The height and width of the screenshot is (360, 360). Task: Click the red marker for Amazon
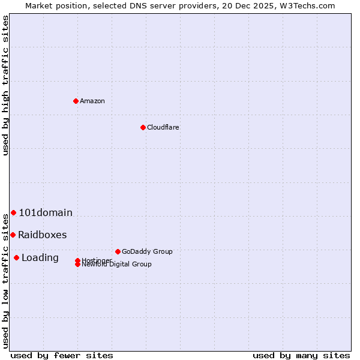(76, 101)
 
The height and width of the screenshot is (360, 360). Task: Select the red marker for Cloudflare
(143, 127)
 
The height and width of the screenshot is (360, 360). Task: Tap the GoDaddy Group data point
(118, 251)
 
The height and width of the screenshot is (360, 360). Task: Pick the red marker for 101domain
(13, 212)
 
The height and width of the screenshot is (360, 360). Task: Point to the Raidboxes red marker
(13, 235)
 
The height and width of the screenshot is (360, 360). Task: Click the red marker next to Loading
(16, 257)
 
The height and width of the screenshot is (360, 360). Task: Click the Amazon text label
(92, 101)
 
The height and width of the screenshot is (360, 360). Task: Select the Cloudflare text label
(163, 127)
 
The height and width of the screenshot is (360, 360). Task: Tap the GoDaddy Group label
(147, 251)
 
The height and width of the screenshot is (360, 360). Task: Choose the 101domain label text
(46, 212)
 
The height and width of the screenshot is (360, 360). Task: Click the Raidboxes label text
(43, 235)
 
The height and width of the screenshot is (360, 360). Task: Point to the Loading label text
(40, 257)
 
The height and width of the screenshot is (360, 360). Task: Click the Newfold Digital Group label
(116, 265)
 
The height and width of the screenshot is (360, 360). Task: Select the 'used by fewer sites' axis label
(62, 355)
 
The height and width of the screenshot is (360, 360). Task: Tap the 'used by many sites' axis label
(301, 355)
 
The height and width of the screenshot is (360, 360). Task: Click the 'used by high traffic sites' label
(6, 85)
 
